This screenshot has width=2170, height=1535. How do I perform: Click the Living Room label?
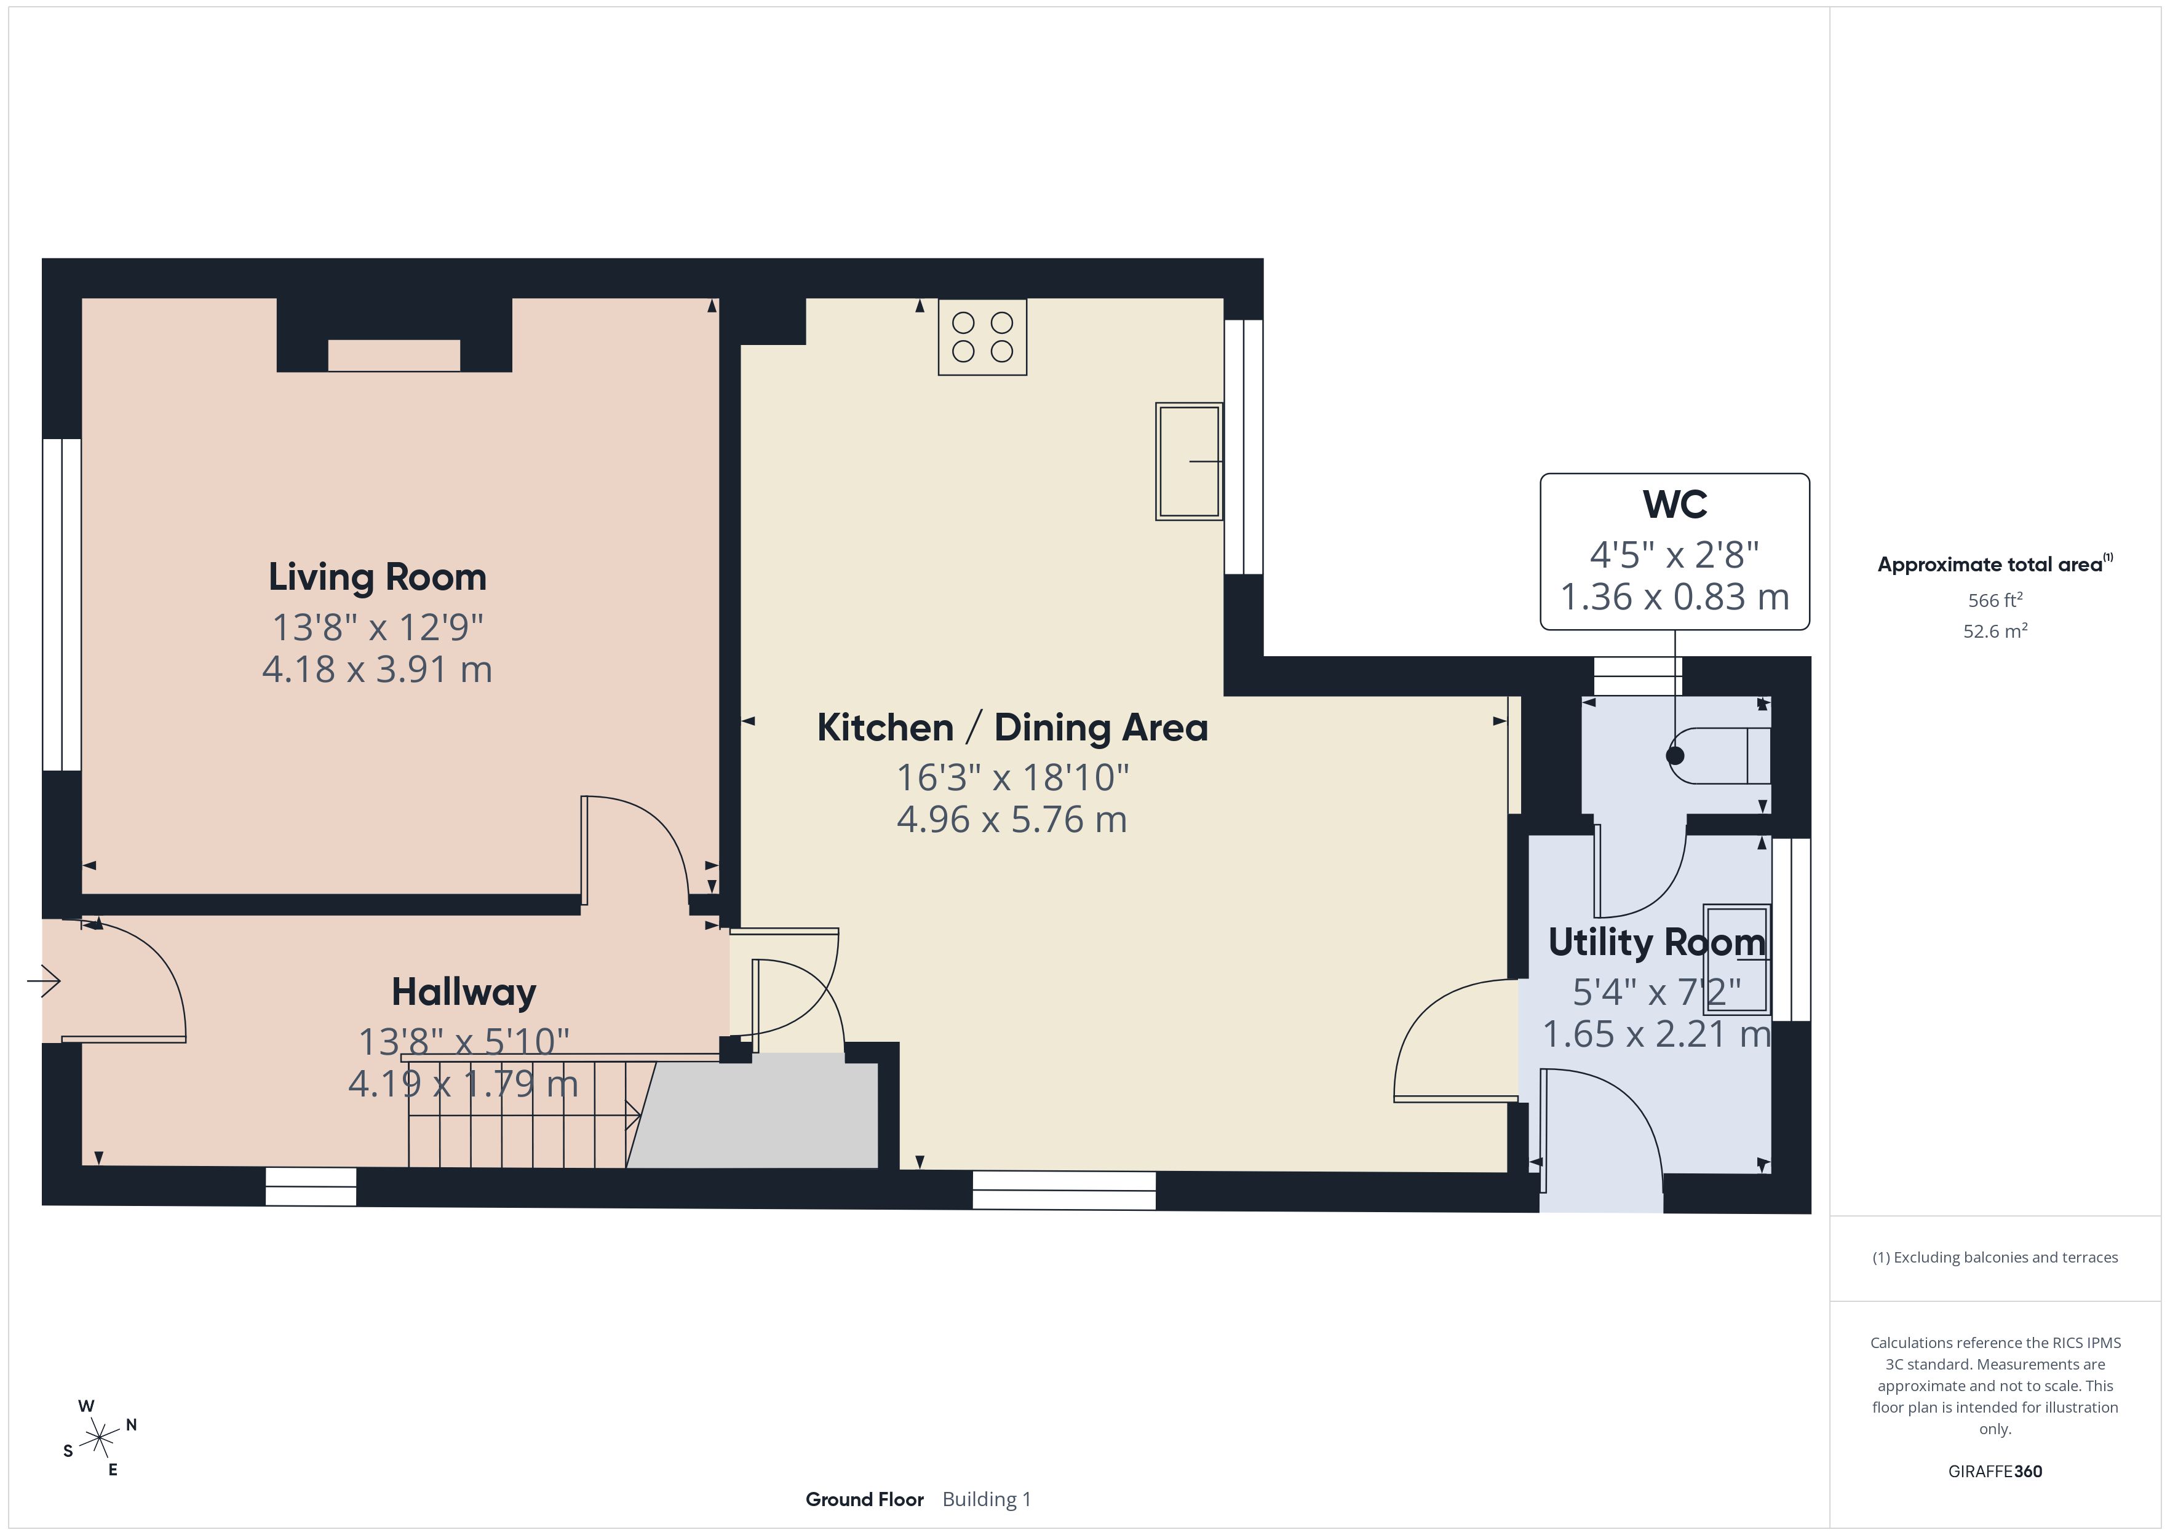[x=377, y=577]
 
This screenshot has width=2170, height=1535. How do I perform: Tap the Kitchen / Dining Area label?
[x=1012, y=728]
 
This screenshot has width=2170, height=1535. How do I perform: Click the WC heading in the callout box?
[x=1675, y=505]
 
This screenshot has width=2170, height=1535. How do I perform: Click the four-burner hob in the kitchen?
[x=982, y=336]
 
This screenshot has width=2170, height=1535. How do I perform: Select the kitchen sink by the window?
[x=1189, y=461]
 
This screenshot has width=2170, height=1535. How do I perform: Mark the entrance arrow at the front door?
[x=44, y=981]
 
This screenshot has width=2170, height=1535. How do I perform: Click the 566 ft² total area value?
[x=1995, y=600]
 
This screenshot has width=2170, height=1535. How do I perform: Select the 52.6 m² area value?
[x=1995, y=630]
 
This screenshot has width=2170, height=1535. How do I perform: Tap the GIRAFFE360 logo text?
[x=1995, y=1470]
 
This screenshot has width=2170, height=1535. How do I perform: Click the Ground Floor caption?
[x=864, y=1499]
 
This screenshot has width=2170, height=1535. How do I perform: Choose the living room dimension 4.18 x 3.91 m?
[x=377, y=669]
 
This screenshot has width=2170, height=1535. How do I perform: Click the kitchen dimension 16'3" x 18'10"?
[x=1012, y=777]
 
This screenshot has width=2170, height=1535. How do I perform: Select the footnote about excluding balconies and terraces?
[x=1995, y=1257]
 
